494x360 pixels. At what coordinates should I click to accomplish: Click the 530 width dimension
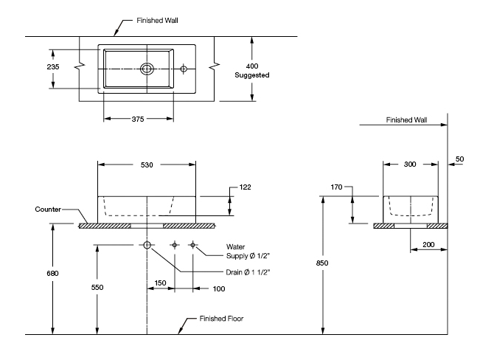pyautogui.click(x=147, y=165)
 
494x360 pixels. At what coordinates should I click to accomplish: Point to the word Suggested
pyautogui.click(x=251, y=75)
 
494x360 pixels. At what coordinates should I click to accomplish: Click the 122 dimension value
pyautogui.click(x=245, y=187)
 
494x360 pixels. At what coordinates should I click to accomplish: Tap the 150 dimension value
pyautogui.click(x=161, y=282)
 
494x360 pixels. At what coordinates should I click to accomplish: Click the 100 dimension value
pyautogui.click(x=218, y=288)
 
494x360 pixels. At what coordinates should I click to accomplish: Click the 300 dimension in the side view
pyautogui.click(x=410, y=165)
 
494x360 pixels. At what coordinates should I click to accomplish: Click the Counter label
pyautogui.click(x=47, y=210)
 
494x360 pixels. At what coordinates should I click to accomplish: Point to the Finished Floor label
pyautogui.click(x=221, y=319)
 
